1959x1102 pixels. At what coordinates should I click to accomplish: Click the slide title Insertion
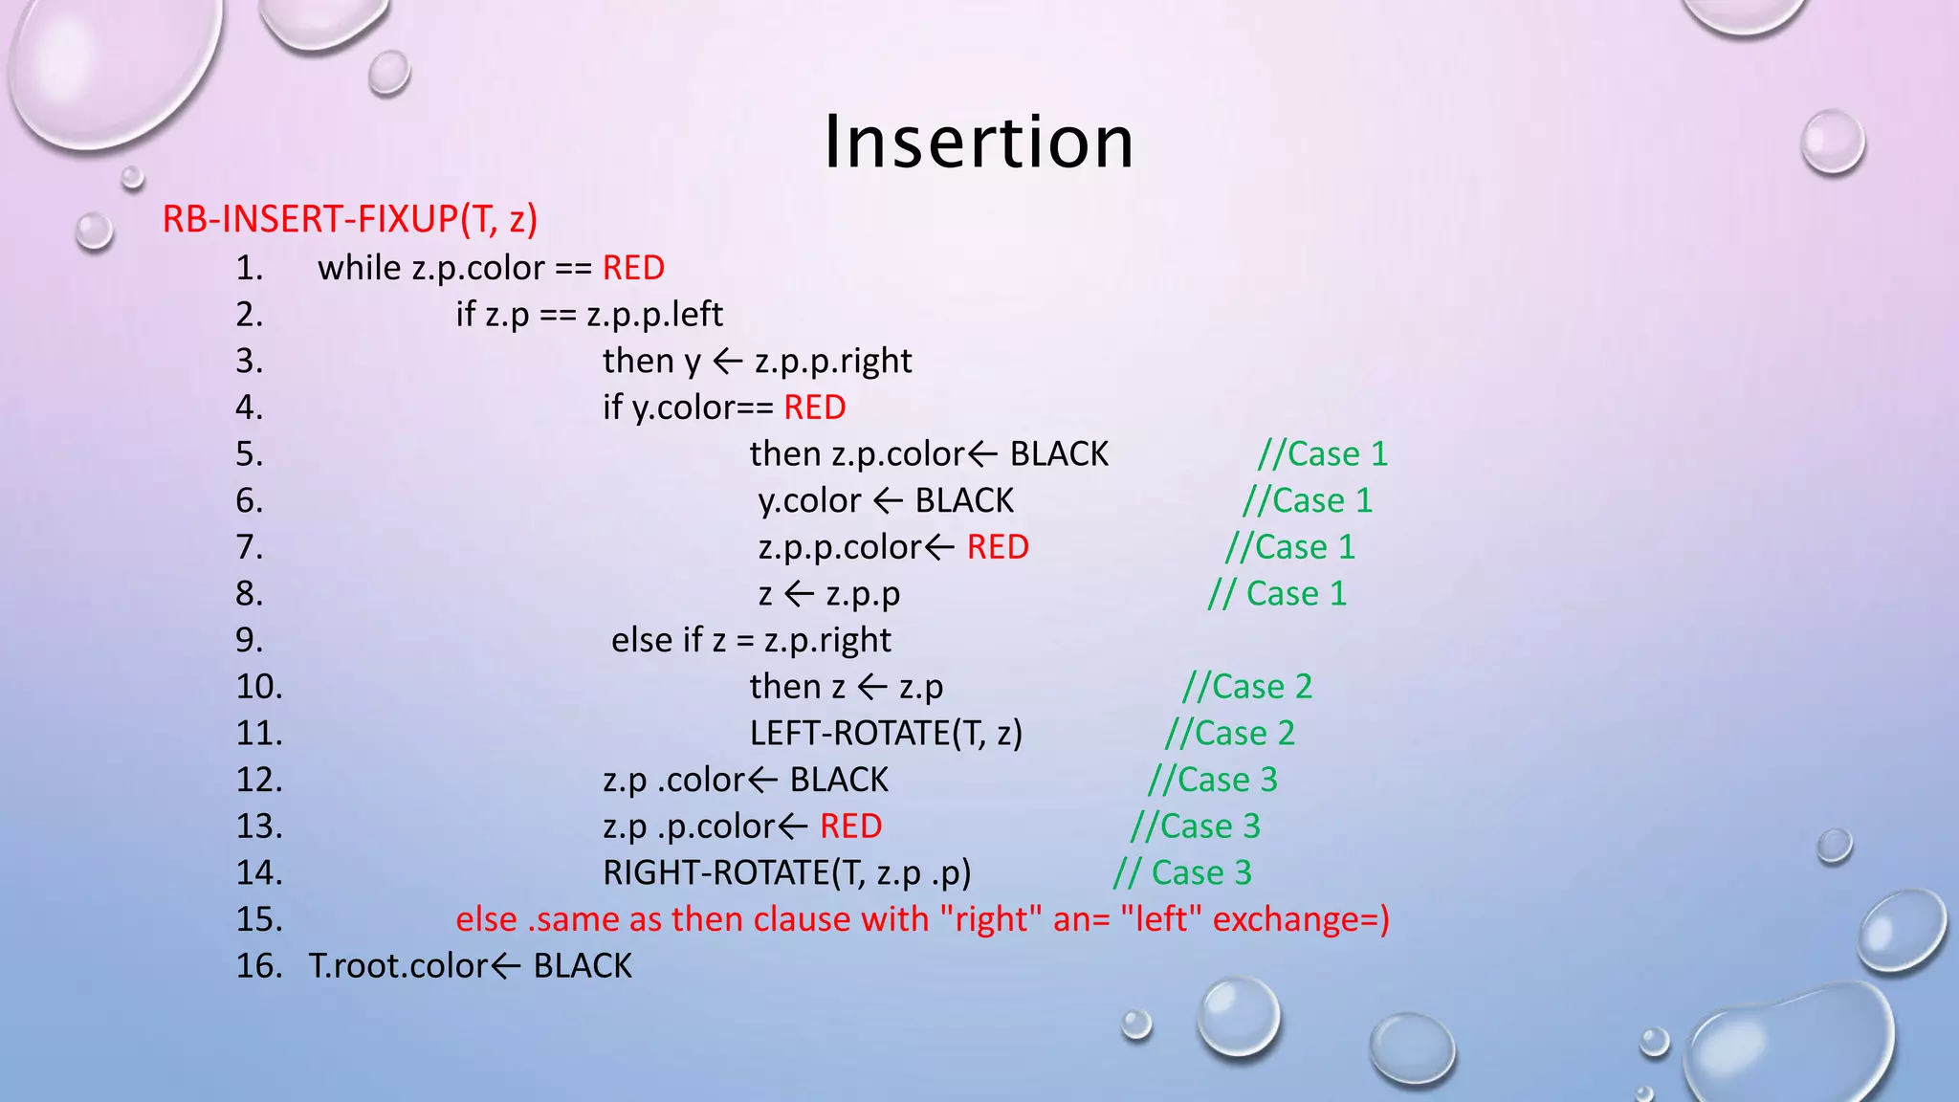click(x=979, y=142)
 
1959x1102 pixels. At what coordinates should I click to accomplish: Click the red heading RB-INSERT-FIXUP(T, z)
click(x=350, y=219)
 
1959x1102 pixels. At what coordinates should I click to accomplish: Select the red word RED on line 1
click(x=633, y=268)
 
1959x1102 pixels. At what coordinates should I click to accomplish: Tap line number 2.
click(x=249, y=315)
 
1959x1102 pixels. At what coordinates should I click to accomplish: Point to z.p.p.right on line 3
click(x=832, y=361)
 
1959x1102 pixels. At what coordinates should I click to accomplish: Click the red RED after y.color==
click(x=814, y=408)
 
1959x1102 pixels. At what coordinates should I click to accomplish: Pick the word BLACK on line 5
click(x=1059, y=454)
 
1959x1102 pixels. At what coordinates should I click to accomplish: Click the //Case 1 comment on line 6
click(x=1308, y=500)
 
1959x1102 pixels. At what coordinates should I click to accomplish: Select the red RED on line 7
click(x=998, y=547)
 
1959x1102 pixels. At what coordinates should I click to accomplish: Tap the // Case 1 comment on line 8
click(x=1277, y=594)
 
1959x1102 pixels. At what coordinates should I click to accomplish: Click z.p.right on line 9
click(x=827, y=640)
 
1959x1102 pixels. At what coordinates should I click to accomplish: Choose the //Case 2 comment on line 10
click(x=1247, y=687)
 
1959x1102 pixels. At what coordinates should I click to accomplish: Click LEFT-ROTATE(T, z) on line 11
click(x=886, y=734)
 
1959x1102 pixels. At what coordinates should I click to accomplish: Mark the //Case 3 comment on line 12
click(x=1213, y=780)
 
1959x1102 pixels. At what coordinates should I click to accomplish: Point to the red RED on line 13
click(x=850, y=826)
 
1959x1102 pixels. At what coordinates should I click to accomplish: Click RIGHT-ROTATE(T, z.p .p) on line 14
click(x=786, y=872)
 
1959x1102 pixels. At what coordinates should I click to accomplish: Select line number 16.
click(x=258, y=966)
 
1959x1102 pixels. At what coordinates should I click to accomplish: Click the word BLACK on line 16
click(x=583, y=966)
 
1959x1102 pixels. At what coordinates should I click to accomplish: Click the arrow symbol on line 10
click(x=872, y=687)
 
